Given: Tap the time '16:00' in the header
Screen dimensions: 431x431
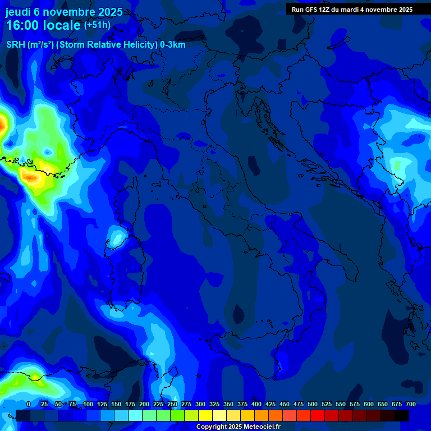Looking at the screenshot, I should pos(25,25).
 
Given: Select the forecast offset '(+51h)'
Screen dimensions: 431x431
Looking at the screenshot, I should pos(97,25).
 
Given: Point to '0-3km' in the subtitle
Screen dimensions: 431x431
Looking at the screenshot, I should pos(173,45).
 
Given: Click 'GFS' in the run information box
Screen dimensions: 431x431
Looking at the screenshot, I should pos(315,10).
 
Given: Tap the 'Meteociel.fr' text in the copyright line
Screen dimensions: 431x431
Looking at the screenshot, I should pos(259,427).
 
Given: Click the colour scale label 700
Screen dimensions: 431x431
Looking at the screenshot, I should pos(410,404).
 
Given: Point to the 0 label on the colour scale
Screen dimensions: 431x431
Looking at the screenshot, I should pos(29,404).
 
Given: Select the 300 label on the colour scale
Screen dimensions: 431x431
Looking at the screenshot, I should pos(200,404).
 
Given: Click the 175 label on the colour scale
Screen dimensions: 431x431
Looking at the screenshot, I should pos(130,404).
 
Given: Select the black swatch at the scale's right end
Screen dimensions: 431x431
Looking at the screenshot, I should pos(402,415).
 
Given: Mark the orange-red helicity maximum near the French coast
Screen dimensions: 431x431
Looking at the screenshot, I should pos(31,179).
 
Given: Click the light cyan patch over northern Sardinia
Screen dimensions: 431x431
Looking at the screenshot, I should pos(117,237).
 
